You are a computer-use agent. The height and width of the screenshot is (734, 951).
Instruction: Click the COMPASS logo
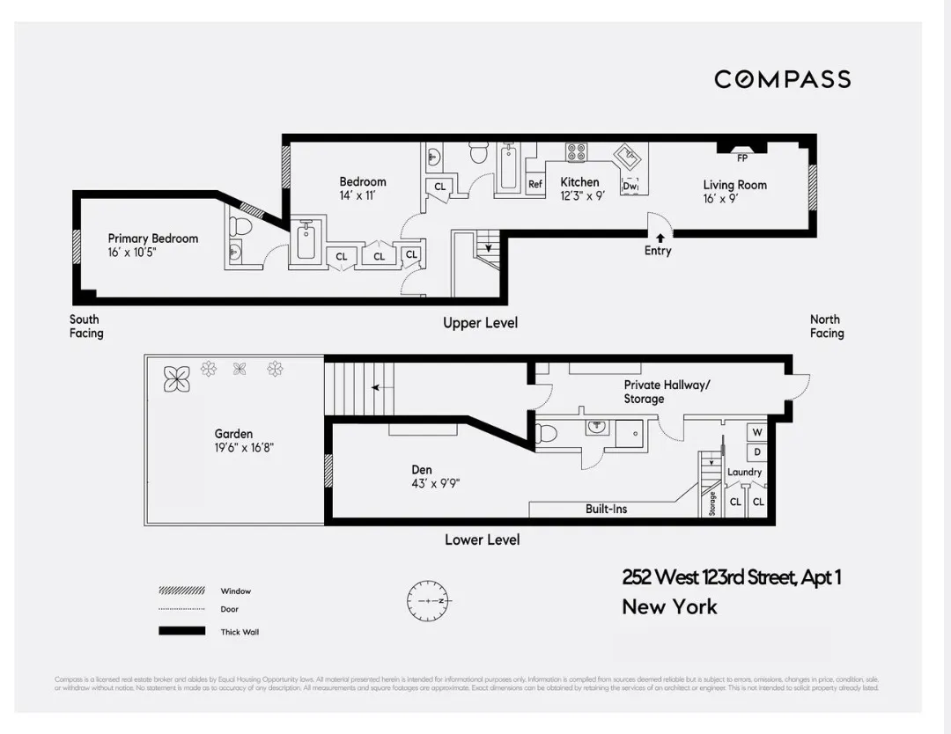[x=782, y=79]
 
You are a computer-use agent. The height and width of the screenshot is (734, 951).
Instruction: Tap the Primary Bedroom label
[x=153, y=239]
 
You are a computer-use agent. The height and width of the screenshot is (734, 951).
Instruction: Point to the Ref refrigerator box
[x=534, y=185]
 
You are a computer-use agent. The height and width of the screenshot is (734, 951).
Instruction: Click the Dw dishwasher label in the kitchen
[x=630, y=186]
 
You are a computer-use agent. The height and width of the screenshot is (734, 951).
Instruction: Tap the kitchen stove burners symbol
[x=576, y=152]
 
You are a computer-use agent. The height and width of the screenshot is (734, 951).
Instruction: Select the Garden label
[x=233, y=434]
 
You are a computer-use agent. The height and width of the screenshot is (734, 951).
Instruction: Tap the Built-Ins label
[x=606, y=509]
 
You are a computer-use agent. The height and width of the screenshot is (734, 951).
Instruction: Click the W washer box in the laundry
[x=756, y=433]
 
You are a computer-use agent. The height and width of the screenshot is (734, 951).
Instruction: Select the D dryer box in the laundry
[x=756, y=451]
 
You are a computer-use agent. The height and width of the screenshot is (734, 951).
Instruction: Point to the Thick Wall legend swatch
[x=181, y=631]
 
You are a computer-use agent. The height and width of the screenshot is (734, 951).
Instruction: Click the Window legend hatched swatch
[x=181, y=591]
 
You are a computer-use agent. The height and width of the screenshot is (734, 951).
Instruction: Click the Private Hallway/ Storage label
[x=666, y=392]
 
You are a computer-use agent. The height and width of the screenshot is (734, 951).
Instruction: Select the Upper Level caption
[x=480, y=323]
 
